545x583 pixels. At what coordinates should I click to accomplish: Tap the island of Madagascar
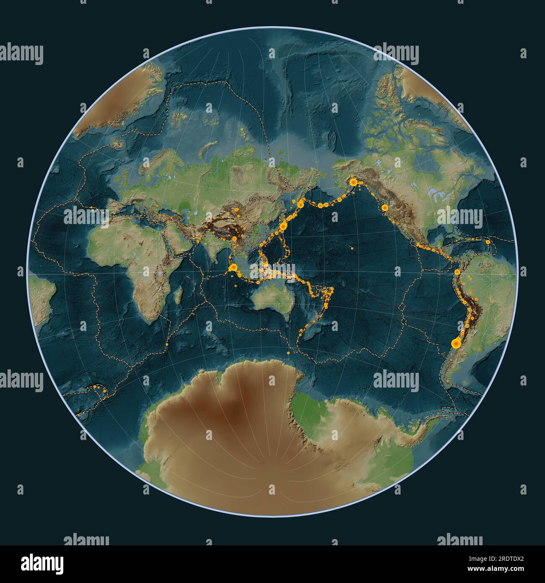point(178,294)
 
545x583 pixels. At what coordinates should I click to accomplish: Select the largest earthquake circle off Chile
point(455,344)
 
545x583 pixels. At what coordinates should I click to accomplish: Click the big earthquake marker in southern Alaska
point(353,182)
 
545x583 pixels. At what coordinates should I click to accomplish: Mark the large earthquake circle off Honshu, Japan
point(284,226)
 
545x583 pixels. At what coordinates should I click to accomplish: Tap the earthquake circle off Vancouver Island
point(384,207)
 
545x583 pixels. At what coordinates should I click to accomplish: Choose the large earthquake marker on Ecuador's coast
point(457,272)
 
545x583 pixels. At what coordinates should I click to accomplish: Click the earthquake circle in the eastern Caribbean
point(488,242)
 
